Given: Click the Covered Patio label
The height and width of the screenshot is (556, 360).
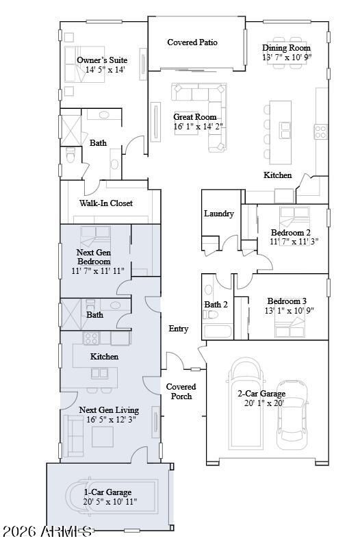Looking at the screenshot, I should pyautogui.click(x=192, y=42).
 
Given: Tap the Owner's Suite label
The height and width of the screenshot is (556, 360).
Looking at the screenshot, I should pyautogui.click(x=102, y=60).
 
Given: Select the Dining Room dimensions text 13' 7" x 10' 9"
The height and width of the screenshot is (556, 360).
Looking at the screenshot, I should pyautogui.click(x=287, y=58).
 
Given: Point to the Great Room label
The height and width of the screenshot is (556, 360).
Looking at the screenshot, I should pyautogui.click(x=194, y=117).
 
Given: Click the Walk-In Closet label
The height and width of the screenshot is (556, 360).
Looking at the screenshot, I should pyautogui.click(x=106, y=203).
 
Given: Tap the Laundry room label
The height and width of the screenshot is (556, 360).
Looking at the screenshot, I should pyautogui.click(x=219, y=214).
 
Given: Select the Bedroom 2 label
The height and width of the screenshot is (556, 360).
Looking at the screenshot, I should pyautogui.click(x=290, y=232).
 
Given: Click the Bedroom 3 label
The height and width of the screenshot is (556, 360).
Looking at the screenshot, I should pyautogui.click(x=287, y=301).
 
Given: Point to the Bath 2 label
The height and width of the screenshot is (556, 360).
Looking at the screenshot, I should pyautogui.click(x=216, y=304).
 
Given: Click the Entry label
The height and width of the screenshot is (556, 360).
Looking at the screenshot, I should pyautogui.click(x=179, y=329).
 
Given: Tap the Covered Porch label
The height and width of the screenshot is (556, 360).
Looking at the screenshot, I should pyautogui.click(x=181, y=392).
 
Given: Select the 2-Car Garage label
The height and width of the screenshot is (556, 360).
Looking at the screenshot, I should pyautogui.click(x=261, y=394).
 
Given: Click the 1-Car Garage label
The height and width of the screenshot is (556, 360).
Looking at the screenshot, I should pyautogui.click(x=108, y=492).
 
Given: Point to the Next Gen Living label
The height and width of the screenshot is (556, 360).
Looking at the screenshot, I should pyautogui.click(x=109, y=410).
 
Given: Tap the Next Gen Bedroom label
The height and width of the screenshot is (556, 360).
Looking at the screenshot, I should pyautogui.click(x=93, y=257).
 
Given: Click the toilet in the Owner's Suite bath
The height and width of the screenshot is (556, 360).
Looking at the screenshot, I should pyautogui.click(x=70, y=157).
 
